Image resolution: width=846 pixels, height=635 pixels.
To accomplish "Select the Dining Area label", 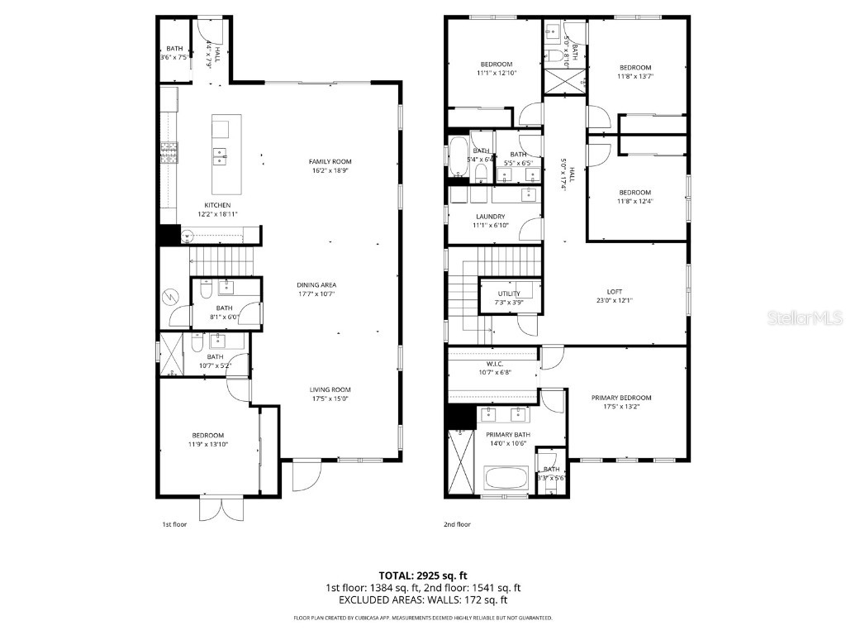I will (316, 285).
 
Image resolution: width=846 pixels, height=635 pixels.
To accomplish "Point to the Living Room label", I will (330, 390).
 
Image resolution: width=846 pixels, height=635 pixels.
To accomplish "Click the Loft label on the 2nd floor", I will (614, 291).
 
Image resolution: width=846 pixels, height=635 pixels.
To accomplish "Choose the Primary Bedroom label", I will (620, 398).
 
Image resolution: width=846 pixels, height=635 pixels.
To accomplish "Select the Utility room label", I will (509, 294).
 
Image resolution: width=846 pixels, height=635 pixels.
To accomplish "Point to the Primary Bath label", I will (507, 435).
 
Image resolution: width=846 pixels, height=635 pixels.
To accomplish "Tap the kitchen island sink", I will (221, 152).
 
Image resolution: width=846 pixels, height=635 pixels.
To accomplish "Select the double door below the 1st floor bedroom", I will (221, 508).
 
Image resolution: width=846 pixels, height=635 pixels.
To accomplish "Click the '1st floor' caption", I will (174, 524).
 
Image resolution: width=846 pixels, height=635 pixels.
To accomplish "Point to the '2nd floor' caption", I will (457, 524).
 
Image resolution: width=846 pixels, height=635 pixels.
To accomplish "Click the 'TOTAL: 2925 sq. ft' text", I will (423, 575).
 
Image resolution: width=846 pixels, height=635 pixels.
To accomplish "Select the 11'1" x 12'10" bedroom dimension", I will (496, 73).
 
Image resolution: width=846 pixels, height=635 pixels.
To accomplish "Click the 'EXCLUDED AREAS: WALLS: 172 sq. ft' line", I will (423, 600).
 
